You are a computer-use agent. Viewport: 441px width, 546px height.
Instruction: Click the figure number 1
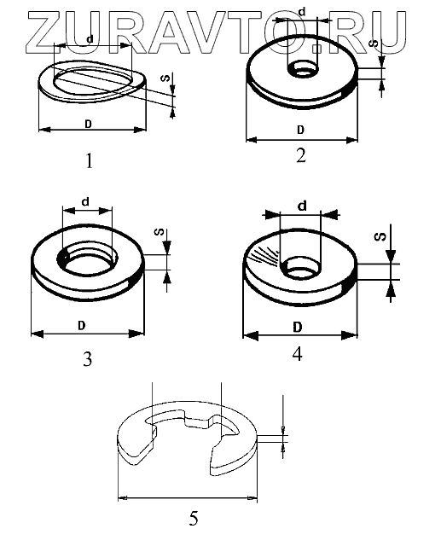pos(90,161)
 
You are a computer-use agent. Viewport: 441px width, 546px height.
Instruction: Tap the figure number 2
pos(301,155)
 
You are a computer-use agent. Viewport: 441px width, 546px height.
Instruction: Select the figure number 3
pos(88,359)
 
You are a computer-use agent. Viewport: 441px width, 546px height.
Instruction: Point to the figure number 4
pos(297,355)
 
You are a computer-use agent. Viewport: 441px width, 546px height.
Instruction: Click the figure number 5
pos(194,518)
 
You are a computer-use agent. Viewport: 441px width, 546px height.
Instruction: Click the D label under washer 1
pos(89,124)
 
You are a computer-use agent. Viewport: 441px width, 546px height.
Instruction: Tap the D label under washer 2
pos(300,130)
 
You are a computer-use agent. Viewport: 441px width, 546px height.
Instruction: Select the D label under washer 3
pos(81,326)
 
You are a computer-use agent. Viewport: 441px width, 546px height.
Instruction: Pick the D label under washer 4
pos(297,328)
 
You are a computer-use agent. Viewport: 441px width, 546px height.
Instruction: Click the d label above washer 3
pos(85,201)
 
